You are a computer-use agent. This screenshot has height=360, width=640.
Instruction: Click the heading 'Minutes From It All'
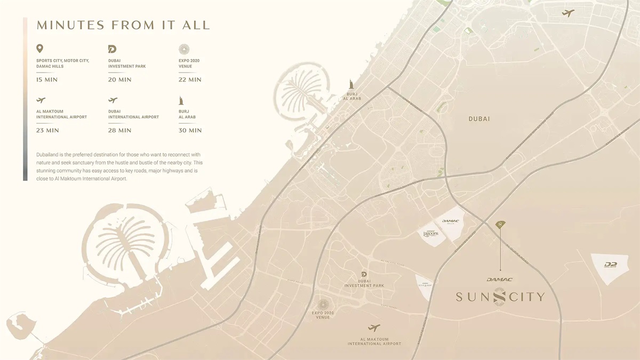click(x=123, y=25)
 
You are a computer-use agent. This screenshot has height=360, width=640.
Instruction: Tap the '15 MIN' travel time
click(x=47, y=79)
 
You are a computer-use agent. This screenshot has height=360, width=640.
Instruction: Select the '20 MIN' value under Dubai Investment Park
click(x=119, y=79)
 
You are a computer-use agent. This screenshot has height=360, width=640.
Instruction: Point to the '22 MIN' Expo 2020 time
click(x=190, y=79)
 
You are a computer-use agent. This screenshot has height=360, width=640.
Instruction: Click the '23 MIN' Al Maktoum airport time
click(x=47, y=130)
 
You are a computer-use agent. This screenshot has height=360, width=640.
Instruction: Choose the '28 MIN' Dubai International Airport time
click(x=119, y=130)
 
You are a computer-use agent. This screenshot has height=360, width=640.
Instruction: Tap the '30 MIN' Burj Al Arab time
click(x=190, y=130)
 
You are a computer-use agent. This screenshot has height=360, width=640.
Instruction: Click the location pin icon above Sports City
click(x=40, y=49)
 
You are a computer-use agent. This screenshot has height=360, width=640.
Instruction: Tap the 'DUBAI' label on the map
click(x=479, y=119)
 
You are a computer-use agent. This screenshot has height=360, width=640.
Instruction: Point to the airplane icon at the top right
click(x=568, y=13)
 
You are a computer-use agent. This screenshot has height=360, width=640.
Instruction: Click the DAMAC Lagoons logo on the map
click(x=430, y=234)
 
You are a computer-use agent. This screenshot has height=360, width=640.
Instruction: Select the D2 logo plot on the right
click(x=611, y=265)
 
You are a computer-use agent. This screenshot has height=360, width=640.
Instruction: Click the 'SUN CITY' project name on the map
click(x=500, y=297)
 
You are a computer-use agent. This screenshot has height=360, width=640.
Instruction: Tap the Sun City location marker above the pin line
click(x=500, y=225)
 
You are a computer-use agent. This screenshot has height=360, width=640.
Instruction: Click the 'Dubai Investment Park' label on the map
click(x=364, y=283)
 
